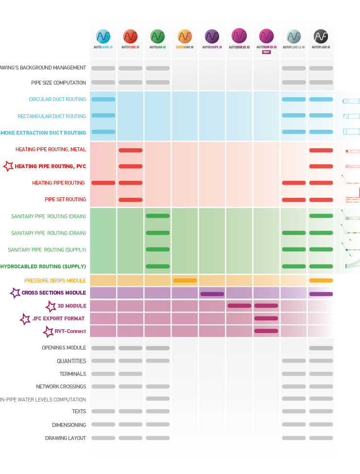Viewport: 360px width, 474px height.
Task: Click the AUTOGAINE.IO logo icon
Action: pos(103,36)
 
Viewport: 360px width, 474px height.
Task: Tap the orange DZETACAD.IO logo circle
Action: pos(185,36)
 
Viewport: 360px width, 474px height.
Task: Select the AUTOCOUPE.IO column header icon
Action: pos(212,36)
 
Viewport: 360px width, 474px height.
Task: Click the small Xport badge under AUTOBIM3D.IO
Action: pos(266,51)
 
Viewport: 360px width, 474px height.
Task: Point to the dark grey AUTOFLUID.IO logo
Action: pos(321,36)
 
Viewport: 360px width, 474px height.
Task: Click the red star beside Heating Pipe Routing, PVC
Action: pos(8,166)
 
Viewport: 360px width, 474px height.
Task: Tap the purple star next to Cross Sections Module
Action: pos(15,293)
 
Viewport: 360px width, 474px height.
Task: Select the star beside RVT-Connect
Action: pos(48,332)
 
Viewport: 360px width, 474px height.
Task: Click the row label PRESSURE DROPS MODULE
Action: pos(55,281)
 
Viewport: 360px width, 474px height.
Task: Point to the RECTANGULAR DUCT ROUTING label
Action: pos(52,116)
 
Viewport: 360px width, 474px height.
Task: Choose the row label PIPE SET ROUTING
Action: pos(66,199)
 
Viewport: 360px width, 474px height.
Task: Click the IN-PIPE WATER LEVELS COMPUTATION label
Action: pos(43,400)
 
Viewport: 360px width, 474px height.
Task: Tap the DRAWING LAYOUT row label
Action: pos(66,438)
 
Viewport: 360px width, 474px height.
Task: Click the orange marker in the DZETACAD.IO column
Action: pos(185,281)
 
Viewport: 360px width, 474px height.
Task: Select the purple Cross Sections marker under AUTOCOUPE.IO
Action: pos(212,294)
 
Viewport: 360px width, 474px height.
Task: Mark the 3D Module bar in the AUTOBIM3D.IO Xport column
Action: pos(266,306)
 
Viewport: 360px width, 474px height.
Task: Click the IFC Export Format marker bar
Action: pos(266,318)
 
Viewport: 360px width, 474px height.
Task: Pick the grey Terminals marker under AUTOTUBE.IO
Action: pos(130,374)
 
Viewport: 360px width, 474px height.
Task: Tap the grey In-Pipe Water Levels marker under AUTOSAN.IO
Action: pos(157,399)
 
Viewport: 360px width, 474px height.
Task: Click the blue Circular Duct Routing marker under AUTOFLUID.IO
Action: pos(321,99)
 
